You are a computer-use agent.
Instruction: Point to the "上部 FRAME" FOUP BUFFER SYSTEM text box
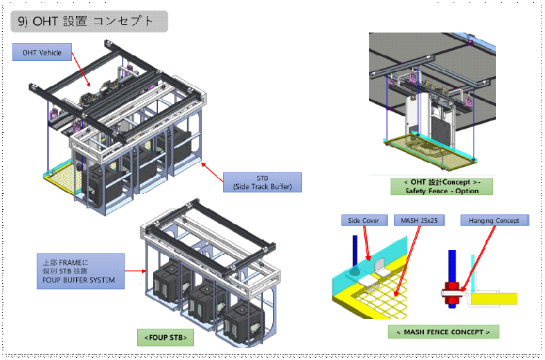80,271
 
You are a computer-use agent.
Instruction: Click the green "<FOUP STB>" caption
165,337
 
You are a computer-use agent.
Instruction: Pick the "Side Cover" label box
364,220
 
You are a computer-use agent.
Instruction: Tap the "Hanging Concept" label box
494,220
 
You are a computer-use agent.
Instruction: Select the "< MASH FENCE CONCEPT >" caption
443,332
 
